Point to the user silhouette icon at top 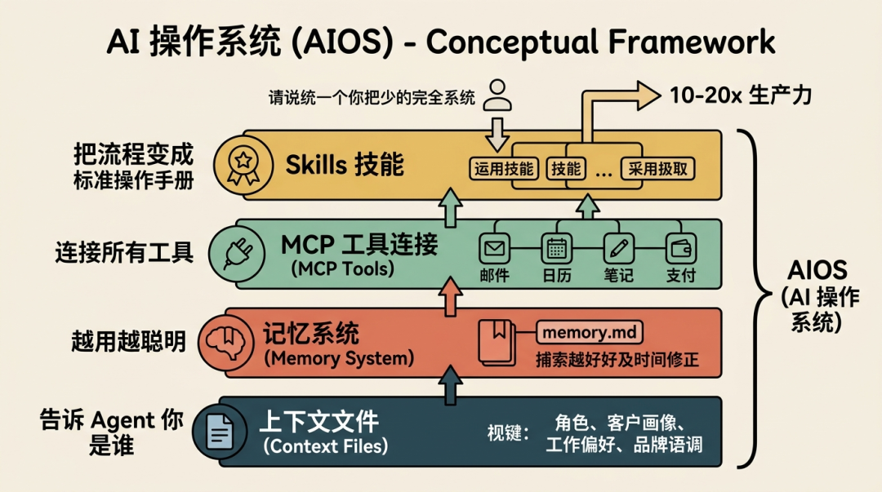(x=497, y=95)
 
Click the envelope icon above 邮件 (x=494, y=247)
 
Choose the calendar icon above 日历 (x=557, y=247)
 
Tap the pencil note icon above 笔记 (x=618, y=247)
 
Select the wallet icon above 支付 (x=680, y=247)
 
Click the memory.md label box (x=589, y=333)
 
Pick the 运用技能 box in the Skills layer (x=504, y=169)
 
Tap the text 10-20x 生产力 (x=741, y=95)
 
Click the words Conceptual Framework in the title (x=600, y=42)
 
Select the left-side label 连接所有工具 (x=124, y=253)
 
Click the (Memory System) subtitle (x=338, y=358)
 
